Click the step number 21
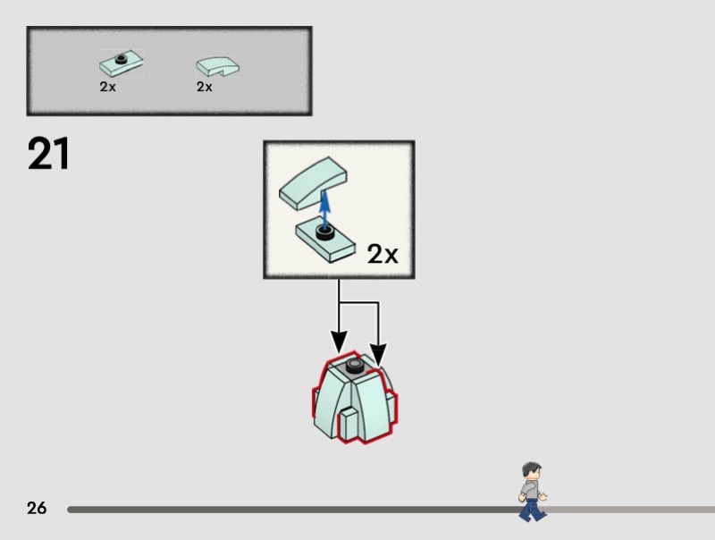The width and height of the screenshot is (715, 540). point(49,154)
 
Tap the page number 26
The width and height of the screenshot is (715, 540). point(37,509)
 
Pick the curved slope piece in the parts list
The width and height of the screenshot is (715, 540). point(218,66)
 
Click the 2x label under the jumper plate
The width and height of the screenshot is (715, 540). point(107,87)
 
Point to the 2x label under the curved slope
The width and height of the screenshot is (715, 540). point(205,87)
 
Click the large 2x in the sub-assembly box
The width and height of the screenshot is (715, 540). point(383,255)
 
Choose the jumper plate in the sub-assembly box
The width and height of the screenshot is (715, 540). point(327,240)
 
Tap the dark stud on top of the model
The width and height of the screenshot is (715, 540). point(356,367)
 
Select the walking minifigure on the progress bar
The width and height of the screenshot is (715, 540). point(532,491)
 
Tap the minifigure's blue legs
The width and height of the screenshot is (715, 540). point(531,510)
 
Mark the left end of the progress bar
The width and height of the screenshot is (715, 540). point(70,510)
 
